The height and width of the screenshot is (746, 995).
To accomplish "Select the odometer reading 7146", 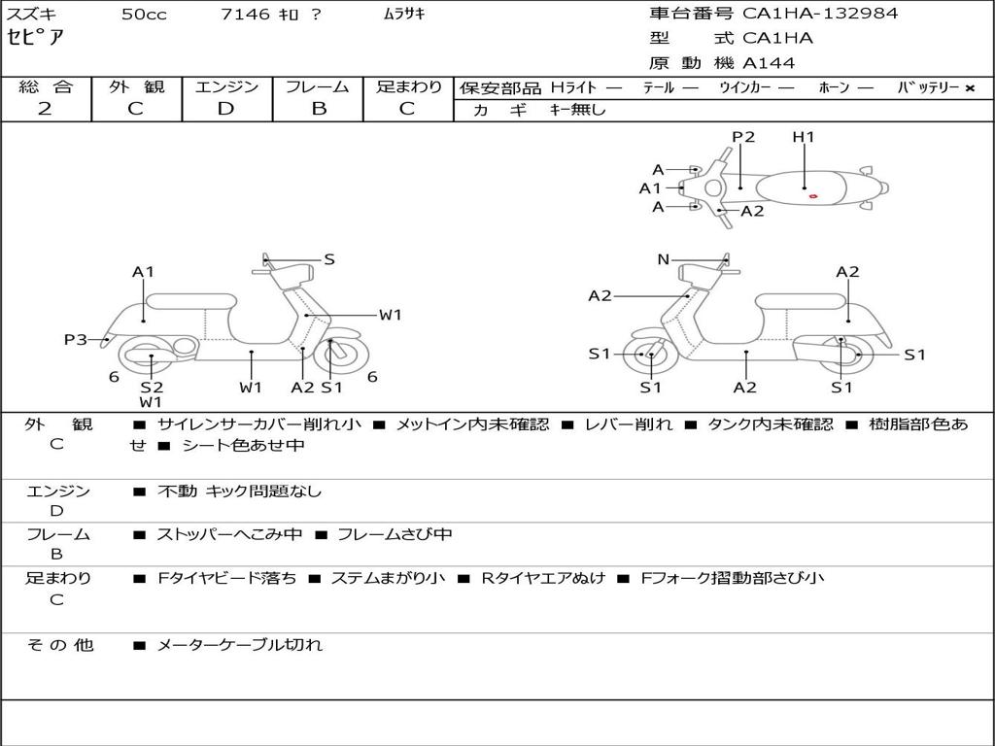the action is click(x=246, y=15).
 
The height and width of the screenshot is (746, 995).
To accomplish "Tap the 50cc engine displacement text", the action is click(x=144, y=15).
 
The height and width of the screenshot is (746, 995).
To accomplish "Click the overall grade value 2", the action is click(x=45, y=109).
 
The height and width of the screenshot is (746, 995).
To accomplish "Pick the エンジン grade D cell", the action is click(x=226, y=109).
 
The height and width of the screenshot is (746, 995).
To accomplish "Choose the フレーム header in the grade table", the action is click(x=318, y=86).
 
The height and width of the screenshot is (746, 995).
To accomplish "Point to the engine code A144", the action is click(x=769, y=63).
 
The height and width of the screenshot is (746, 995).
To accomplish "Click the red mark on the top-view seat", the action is click(x=813, y=196).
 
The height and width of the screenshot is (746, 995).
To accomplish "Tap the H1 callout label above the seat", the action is click(x=804, y=137).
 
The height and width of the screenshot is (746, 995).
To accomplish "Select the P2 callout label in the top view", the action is click(x=743, y=137).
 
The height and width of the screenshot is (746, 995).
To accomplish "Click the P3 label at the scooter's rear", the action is click(x=76, y=339).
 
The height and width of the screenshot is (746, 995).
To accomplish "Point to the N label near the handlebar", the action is click(x=664, y=259).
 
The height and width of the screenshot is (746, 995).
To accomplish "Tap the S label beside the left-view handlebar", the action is click(x=329, y=259).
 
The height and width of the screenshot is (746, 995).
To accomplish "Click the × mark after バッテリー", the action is click(x=970, y=87).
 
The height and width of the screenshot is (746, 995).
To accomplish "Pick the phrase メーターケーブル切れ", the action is click(x=239, y=644).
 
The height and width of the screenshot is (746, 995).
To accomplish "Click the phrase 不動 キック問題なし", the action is click(x=239, y=492).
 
